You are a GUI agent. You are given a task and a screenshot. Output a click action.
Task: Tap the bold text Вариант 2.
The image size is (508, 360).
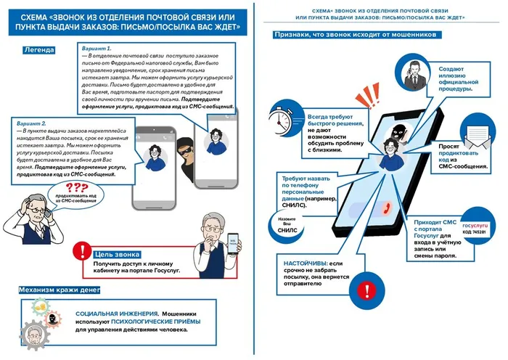[30, 124]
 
